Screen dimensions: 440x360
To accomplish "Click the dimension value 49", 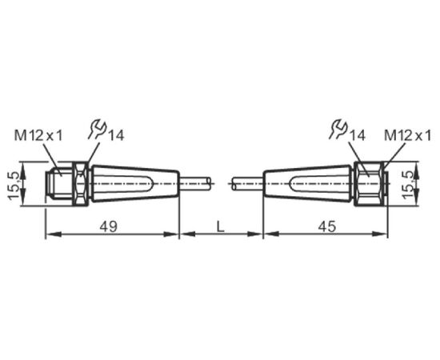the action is coord(109,226).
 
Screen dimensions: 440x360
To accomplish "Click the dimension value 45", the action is coord(327,226).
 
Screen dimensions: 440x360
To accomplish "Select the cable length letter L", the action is coord(221,226).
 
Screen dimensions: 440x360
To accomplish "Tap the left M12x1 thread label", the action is coord(38,136).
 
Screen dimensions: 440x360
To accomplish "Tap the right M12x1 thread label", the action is coord(407,136).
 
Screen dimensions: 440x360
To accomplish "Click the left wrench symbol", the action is coord(97,129).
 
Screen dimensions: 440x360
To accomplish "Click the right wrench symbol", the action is coord(338,129).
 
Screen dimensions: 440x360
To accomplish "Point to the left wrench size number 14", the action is coord(116,136).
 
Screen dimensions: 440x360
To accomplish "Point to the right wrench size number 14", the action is coord(357,136).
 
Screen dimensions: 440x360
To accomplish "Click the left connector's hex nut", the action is coord(82,183).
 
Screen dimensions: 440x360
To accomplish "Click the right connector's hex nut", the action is coord(369,183).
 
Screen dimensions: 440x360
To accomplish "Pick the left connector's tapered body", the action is coord(135,183).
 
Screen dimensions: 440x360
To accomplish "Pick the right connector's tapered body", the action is coord(308,183).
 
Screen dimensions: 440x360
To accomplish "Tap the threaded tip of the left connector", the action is coord(59,183).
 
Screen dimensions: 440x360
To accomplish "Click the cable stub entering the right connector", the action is coord(247,183).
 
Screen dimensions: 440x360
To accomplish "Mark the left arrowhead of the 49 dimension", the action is coord(54,234).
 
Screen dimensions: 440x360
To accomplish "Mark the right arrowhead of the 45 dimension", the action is coord(380,234).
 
